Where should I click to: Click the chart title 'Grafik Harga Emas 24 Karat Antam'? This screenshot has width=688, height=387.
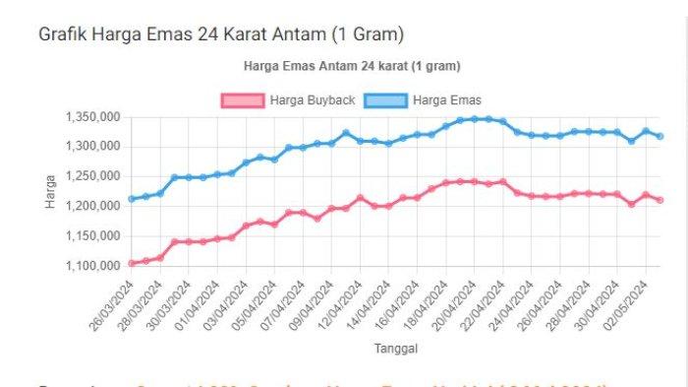[221, 34]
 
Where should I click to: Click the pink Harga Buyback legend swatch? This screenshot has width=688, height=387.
[243, 100]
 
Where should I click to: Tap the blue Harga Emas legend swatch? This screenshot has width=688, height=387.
[386, 100]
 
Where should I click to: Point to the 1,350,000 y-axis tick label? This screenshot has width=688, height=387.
[92, 117]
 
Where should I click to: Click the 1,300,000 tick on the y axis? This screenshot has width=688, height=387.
[92, 147]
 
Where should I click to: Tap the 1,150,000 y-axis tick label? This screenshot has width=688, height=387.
[92, 236]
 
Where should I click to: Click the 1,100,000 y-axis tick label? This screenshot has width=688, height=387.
[92, 266]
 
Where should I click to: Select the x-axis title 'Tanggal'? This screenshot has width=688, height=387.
[396, 349]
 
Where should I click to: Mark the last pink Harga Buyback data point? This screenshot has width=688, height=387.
[659, 200]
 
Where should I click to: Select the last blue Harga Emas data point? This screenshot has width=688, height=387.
[659, 136]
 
